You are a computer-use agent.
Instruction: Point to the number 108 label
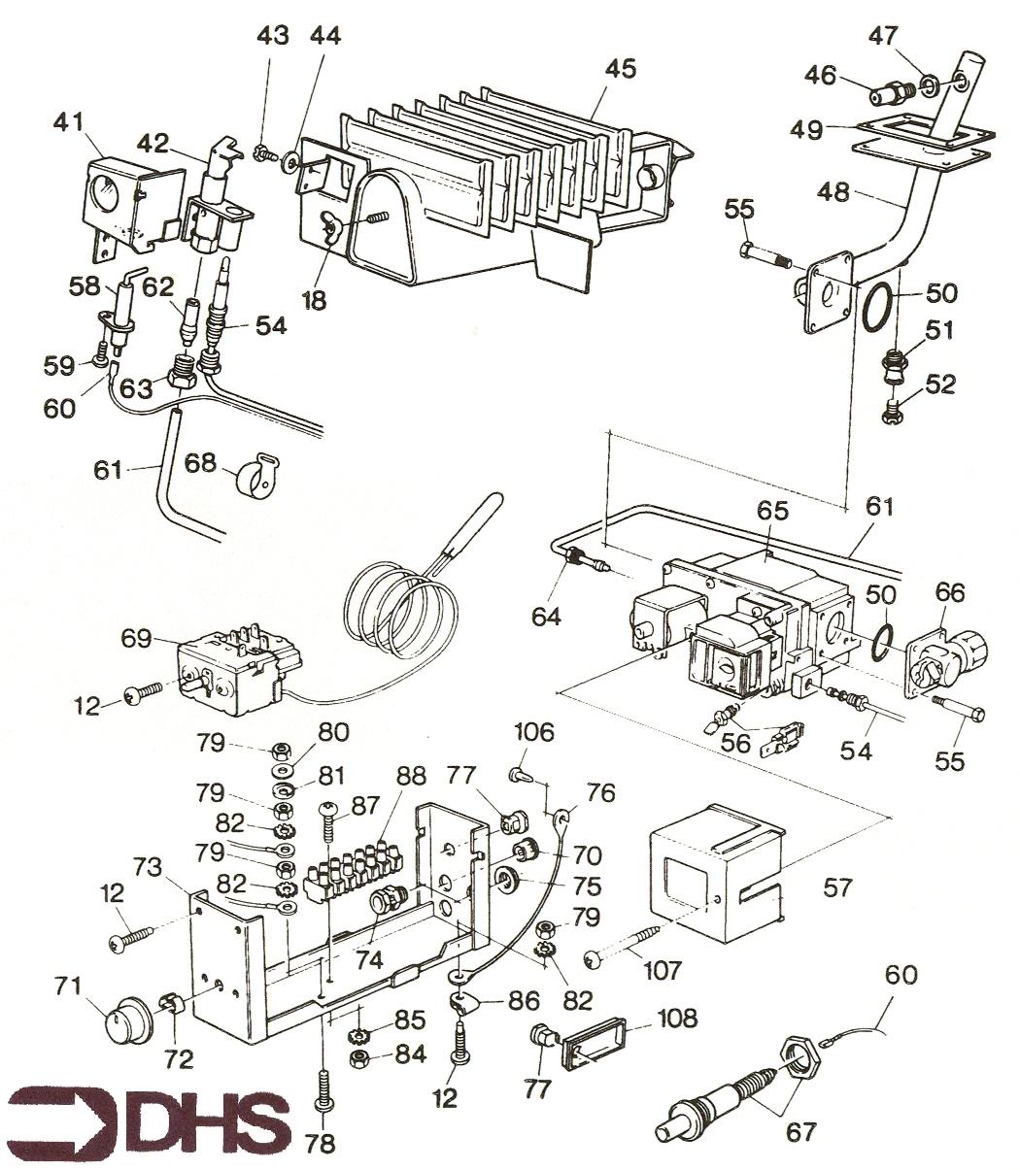[x=676, y=1019]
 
